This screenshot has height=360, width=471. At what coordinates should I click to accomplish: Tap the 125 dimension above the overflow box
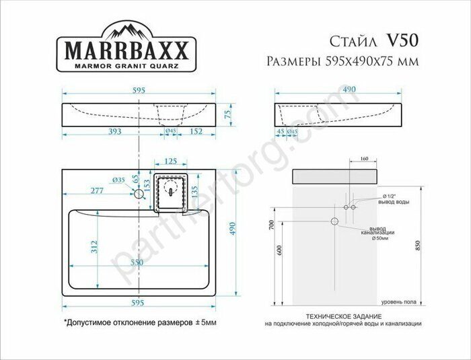tap(170, 161)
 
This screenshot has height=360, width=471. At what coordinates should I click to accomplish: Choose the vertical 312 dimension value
tap(95, 247)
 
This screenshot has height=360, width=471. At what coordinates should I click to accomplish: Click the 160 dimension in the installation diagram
tap(364, 159)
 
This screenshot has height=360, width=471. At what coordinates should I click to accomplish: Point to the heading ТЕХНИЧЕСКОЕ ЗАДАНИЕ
tap(343, 316)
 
